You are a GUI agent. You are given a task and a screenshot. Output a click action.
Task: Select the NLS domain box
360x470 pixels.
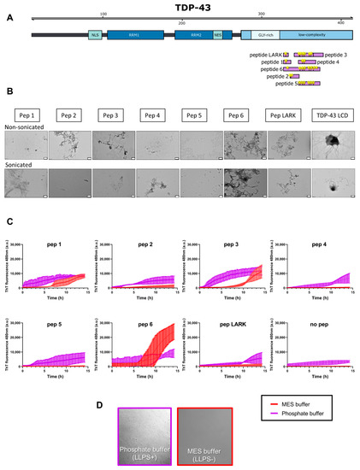93,34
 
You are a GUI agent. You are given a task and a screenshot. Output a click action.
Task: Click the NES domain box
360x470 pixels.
217,34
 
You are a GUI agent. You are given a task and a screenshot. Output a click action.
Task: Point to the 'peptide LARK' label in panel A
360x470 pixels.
265,54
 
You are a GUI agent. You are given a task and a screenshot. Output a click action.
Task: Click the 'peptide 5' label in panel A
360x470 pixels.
285,84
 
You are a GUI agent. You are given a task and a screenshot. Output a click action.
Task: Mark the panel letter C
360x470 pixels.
8,222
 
